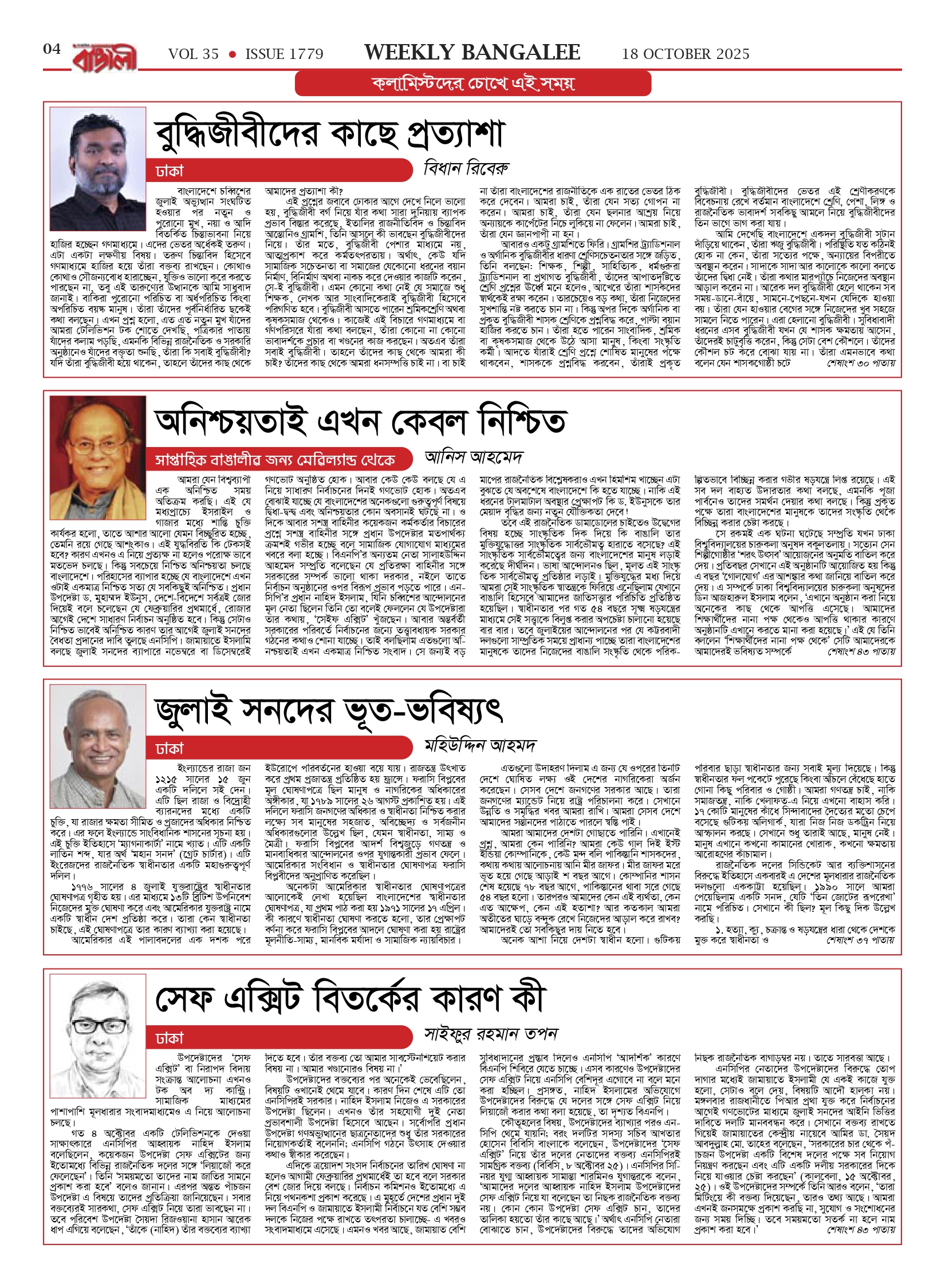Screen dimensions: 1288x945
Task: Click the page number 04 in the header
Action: point(52,49)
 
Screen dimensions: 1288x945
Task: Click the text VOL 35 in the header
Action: point(193,54)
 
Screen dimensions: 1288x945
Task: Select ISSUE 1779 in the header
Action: point(284,54)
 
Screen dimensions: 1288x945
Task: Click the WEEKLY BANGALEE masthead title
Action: point(472,53)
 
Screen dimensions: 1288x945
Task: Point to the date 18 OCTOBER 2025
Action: point(686,54)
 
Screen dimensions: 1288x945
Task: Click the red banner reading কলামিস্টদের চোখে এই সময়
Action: point(472,84)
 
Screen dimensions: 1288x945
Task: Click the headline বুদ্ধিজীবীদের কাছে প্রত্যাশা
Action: point(329,133)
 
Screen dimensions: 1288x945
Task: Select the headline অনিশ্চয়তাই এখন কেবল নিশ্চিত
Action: point(361,422)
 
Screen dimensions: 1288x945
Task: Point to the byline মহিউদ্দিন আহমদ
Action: point(480,746)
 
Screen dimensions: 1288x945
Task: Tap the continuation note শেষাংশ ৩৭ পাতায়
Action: point(860,940)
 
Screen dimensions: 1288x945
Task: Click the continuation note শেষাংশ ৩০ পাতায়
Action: point(860,363)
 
